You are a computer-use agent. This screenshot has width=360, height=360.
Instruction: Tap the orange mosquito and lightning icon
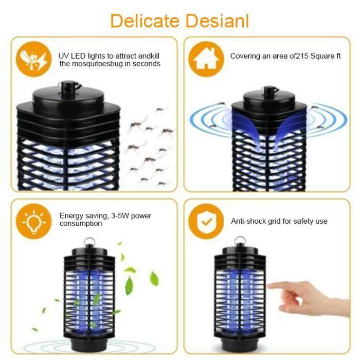(x=32, y=59)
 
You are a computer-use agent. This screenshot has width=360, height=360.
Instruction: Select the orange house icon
(x=206, y=59)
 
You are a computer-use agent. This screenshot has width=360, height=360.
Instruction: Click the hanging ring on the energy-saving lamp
(x=89, y=241)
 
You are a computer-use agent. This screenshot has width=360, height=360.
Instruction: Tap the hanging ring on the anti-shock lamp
(x=238, y=241)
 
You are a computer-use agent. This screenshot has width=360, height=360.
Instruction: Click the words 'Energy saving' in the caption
(x=82, y=216)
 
